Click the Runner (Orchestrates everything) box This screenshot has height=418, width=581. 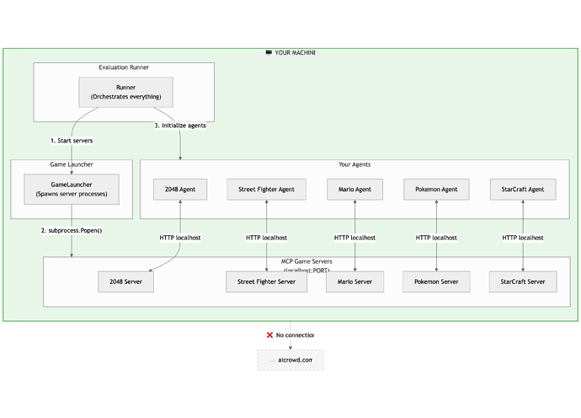125,92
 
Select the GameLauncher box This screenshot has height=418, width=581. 72,189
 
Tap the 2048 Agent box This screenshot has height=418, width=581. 180,190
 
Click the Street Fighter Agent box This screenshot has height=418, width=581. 266,190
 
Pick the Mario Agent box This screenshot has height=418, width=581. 354,190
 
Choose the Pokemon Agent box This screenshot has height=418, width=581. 436,190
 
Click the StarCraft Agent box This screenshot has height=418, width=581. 524,190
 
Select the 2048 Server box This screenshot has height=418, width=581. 125,281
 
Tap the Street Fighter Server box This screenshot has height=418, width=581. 266,281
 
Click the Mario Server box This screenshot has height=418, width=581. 354,281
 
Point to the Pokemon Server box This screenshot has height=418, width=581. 436,281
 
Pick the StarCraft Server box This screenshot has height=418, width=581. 524,281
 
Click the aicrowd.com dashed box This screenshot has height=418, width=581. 290,360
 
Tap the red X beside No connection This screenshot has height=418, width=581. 269,335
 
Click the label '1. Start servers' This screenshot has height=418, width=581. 72,140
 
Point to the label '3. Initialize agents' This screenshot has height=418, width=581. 180,126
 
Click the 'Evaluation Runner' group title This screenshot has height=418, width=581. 125,67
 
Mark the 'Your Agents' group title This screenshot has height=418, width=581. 354,164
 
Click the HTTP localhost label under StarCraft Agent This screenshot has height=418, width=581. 524,238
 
